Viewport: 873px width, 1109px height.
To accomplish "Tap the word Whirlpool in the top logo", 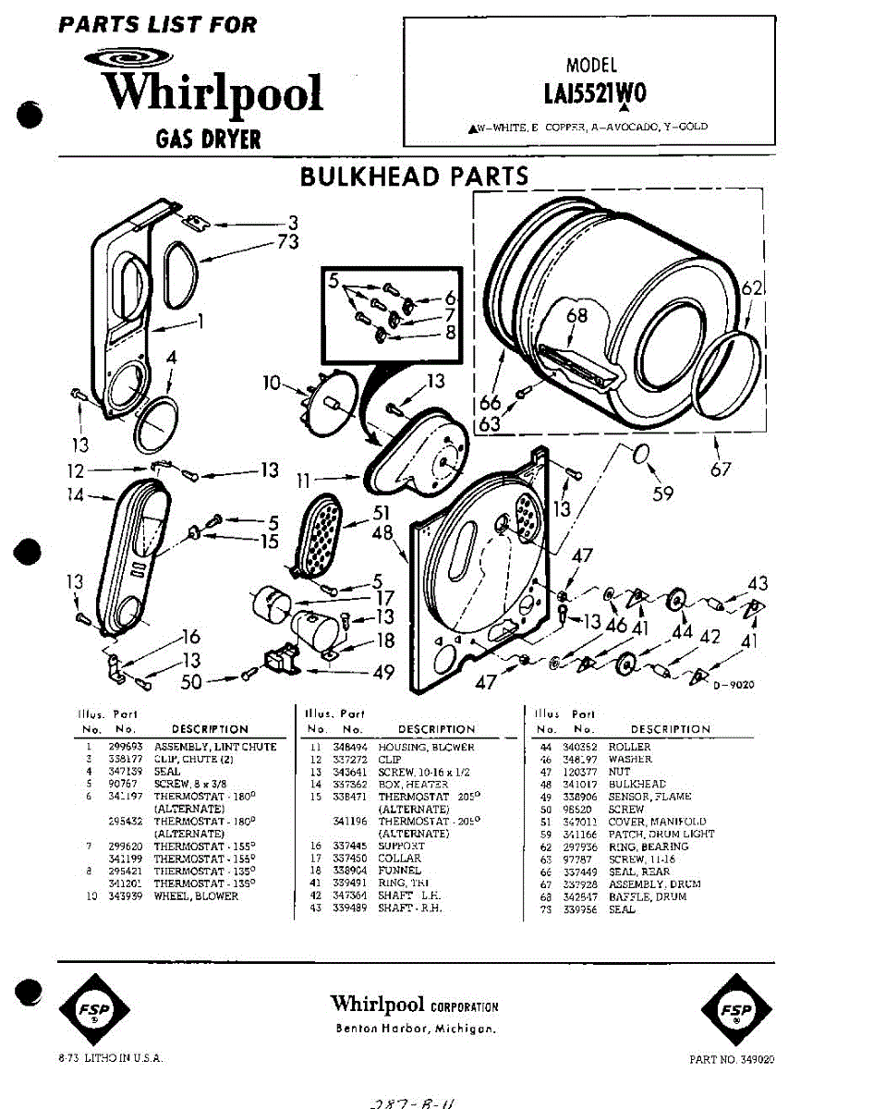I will click(212, 93).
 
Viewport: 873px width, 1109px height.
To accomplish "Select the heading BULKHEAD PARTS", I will click(414, 177).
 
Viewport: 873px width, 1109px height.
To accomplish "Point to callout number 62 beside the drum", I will click(753, 289).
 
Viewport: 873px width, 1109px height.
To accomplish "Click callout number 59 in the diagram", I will click(663, 494).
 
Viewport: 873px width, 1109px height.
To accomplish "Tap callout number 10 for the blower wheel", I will click(271, 382).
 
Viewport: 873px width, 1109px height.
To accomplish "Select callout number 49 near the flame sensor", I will click(383, 674).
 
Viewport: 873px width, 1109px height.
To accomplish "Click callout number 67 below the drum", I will click(721, 470).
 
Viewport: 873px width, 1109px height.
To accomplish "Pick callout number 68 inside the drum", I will click(577, 317).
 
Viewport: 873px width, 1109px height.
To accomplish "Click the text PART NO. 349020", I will click(732, 1059).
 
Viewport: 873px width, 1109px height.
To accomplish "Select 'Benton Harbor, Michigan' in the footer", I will click(415, 1030).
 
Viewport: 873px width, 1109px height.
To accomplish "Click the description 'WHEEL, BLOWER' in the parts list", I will click(196, 896).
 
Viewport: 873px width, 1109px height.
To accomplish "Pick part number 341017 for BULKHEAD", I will click(578, 784).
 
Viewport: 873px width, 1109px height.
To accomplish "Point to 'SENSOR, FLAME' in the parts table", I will click(649, 797).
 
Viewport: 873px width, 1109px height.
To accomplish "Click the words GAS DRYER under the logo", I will click(209, 140).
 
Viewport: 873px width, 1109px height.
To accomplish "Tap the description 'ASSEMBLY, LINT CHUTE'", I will click(215, 747).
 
